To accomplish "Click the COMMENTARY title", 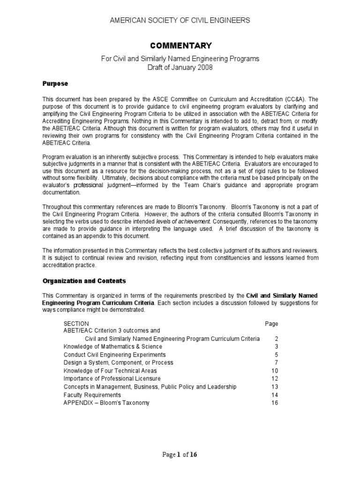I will pos(181,45).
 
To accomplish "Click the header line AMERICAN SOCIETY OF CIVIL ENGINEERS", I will pos(180,20).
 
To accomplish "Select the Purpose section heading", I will pos(55,83).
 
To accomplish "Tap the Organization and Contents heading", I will pos(84,281).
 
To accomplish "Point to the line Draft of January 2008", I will pos(180,67).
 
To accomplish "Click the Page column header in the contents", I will pos(271,323).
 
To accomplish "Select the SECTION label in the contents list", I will pos(76,323).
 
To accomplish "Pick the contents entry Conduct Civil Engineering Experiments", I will pos(114,355).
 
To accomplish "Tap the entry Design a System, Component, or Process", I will pos(118,363).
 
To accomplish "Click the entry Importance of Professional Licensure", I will pos(112,379).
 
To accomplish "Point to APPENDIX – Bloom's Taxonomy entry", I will pos(106,403).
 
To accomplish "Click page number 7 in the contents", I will pos(276,363).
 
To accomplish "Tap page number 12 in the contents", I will pos(275,379).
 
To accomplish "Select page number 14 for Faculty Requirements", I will pos(275,395).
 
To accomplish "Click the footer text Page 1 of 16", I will pos(180,455).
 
